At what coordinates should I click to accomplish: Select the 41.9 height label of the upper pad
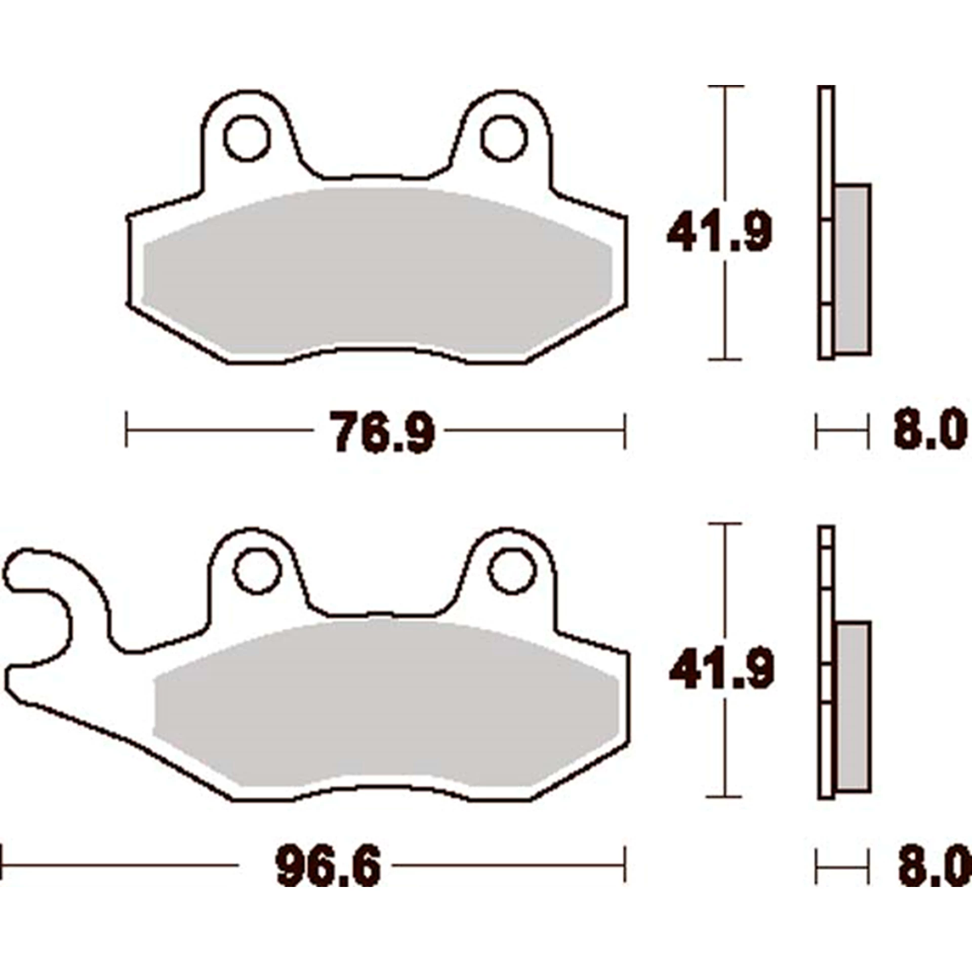pyautogui.click(x=719, y=232)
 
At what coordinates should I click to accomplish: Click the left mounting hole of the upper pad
pyautogui.click(x=247, y=138)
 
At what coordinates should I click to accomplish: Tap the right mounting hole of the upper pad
pyautogui.click(x=504, y=138)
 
